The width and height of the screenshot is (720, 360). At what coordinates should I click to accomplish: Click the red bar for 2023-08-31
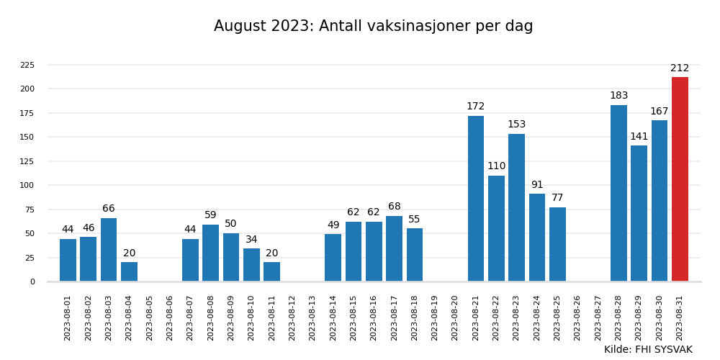[680, 179]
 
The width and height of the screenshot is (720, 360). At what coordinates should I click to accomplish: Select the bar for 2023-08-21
[476, 199]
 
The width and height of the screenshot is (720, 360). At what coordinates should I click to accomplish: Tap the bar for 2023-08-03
[109, 250]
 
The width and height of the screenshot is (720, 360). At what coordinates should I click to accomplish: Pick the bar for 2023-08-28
[618, 193]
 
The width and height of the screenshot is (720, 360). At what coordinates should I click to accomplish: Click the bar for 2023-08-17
[394, 248]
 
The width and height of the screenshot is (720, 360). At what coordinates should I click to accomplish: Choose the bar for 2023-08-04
[129, 271]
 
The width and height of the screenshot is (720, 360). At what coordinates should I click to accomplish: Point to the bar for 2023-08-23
[516, 207]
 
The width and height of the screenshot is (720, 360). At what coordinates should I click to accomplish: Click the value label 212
[680, 68]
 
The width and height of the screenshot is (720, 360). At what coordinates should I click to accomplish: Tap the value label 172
[475, 107]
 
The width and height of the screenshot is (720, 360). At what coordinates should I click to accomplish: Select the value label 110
[496, 166]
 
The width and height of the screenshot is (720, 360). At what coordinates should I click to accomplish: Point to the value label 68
[394, 207]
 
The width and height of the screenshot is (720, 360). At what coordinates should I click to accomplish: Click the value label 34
[251, 240]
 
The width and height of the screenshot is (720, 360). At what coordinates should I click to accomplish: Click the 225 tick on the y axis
[27, 65]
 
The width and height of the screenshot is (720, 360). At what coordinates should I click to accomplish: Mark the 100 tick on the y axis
[27, 185]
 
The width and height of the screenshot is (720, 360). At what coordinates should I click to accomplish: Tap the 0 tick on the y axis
[32, 282]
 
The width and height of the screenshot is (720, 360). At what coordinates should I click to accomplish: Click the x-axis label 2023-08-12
[292, 318]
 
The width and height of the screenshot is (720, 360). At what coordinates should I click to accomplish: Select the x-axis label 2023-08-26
[577, 318]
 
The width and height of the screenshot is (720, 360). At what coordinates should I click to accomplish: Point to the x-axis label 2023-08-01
[68, 318]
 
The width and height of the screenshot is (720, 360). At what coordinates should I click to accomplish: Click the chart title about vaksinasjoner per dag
[373, 27]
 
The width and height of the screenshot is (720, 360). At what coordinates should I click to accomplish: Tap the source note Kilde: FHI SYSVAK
[648, 350]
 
